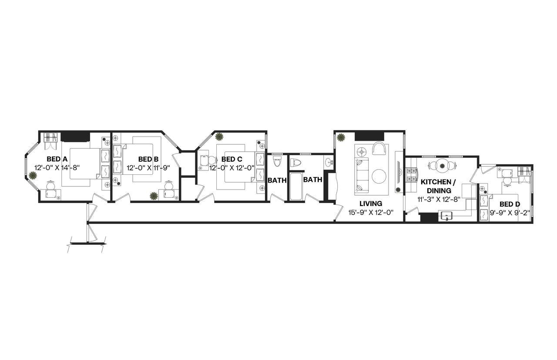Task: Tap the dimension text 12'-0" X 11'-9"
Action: coord(148,167)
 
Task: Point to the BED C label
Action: coord(232,159)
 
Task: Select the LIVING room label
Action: coord(371,203)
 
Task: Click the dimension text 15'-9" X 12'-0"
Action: coord(371,213)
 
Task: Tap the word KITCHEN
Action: coord(438,182)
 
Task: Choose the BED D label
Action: coord(510,204)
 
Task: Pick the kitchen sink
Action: coord(446,215)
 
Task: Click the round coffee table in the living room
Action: coord(379,176)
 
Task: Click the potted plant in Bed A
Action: coord(33,176)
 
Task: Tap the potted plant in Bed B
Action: coord(154,196)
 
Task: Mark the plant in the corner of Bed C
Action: coord(219,137)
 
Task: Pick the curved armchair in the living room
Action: coord(379,148)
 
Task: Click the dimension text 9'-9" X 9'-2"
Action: coord(510,213)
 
